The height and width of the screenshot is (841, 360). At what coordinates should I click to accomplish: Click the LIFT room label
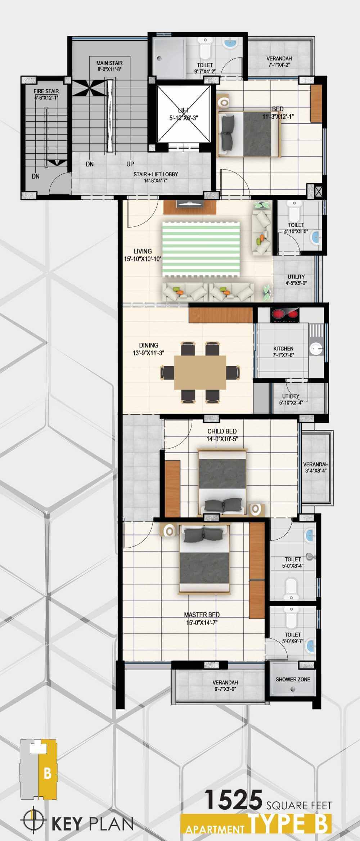point(184,111)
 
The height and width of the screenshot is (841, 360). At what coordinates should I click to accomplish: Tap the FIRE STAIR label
point(46,91)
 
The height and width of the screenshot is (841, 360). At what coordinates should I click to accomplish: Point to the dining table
point(200,372)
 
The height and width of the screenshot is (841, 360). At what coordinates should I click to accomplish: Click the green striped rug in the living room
point(201,249)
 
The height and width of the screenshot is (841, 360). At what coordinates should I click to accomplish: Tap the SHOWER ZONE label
point(293,679)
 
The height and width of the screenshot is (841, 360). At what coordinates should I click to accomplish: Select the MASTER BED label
point(202,615)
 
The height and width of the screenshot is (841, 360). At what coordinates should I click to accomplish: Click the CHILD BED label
point(222,431)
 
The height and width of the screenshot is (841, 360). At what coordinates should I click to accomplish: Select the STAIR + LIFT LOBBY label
point(156,174)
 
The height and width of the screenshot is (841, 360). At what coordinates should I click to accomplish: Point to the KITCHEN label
point(283,348)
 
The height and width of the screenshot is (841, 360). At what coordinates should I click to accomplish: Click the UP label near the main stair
point(130,164)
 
